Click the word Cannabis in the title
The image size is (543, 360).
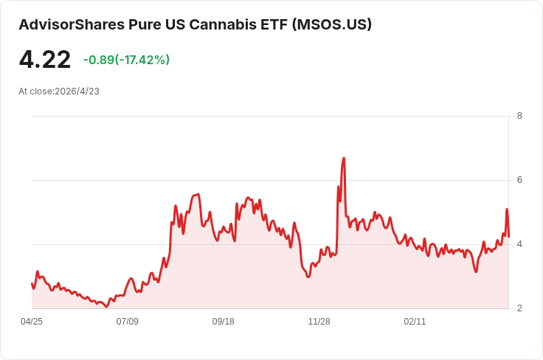click(x=224, y=24)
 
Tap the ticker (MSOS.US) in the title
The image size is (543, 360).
click(x=332, y=24)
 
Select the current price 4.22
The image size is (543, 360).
click(x=45, y=60)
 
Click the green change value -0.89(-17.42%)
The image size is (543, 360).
click(x=126, y=60)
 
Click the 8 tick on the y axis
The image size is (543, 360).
click(x=519, y=116)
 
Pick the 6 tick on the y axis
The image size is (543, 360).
click(x=519, y=180)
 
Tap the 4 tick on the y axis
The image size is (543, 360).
click(x=519, y=244)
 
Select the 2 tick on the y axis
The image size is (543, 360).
click(x=519, y=308)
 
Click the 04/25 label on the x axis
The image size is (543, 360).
click(x=32, y=322)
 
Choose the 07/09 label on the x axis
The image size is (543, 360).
click(x=128, y=322)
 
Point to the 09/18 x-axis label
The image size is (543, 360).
click(x=224, y=322)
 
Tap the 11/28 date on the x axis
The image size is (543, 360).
click(x=319, y=322)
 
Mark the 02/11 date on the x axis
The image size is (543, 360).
click(x=415, y=322)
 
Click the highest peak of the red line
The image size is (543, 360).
click(x=344, y=158)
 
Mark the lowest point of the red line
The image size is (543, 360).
click(x=107, y=306)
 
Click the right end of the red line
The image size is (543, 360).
click(x=509, y=237)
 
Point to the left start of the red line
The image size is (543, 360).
click(x=32, y=283)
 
